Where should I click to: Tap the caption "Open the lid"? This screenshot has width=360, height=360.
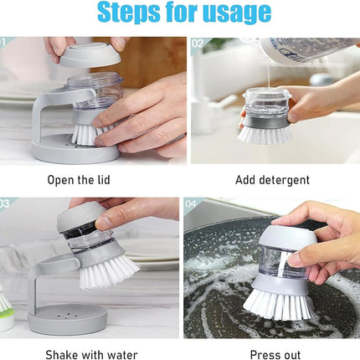[x=79, y=180]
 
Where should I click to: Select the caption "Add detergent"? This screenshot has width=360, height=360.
[x=272, y=180]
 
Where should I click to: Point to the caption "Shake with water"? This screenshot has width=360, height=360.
[x=91, y=355]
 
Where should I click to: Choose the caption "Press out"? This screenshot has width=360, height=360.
[x=275, y=355]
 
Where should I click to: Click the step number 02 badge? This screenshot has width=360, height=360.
[x=198, y=44]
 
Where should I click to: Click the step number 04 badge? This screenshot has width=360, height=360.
[x=191, y=203]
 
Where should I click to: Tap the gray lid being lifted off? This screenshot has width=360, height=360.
[x=90, y=55]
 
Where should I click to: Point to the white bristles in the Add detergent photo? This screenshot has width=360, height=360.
[x=265, y=135]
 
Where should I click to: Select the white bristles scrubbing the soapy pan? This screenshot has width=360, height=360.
[x=279, y=304]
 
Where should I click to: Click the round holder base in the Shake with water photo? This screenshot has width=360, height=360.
[x=67, y=319]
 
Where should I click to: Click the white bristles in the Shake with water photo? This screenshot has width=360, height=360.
[x=109, y=272]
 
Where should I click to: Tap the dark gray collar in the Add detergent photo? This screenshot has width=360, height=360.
[x=265, y=122]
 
